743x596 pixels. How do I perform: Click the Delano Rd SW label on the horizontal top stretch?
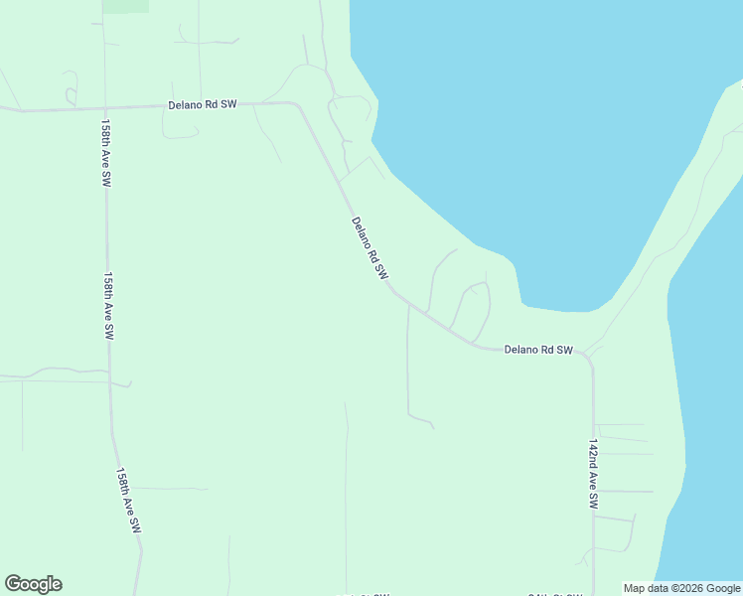click(x=202, y=104)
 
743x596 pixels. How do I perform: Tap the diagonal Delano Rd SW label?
click(x=369, y=248)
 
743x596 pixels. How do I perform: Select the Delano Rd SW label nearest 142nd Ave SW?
click(x=538, y=350)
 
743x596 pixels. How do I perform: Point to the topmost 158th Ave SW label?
click(x=104, y=154)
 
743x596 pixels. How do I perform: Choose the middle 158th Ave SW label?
click(x=108, y=308)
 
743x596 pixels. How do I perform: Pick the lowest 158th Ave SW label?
click(x=129, y=502)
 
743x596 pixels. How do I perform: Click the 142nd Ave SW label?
click(x=593, y=474)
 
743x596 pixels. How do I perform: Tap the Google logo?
click(x=33, y=584)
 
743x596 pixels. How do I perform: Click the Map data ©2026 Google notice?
click(x=681, y=588)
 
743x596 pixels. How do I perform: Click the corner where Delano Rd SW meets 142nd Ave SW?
click(x=590, y=356)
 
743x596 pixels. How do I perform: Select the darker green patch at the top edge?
click(x=125, y=6)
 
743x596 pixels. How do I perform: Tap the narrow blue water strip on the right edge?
click(x=710, y=397)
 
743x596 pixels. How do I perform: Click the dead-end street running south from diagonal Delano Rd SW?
click(x=407, y=368)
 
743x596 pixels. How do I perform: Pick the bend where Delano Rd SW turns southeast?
click(x=298, y=104)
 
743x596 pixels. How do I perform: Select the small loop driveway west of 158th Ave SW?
click(x=71, y=95)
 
